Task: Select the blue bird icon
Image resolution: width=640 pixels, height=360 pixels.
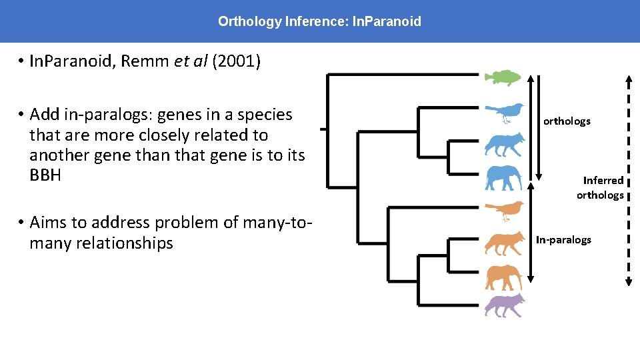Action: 504,113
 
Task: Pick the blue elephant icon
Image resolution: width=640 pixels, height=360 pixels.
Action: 503,177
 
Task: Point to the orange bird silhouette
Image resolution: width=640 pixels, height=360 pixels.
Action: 504,211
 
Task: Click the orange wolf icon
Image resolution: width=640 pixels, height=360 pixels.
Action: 504,243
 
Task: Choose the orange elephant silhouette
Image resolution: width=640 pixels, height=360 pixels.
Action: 503,277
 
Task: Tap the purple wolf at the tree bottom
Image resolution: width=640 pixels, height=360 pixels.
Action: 504,305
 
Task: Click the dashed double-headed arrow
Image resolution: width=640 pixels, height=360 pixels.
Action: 628,180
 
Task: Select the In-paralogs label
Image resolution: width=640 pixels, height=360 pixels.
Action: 563,240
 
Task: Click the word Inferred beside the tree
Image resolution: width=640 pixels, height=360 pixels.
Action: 603,181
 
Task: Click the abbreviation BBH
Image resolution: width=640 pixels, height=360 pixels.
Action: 45,176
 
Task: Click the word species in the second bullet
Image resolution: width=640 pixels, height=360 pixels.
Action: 265,115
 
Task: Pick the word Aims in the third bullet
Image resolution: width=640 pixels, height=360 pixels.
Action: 49,223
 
